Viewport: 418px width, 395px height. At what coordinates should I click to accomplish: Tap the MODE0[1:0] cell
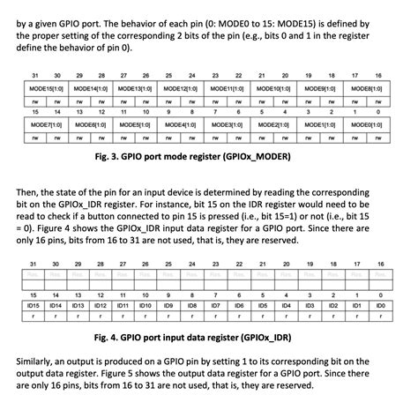point(365,127)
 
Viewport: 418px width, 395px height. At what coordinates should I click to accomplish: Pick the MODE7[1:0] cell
point(44,127)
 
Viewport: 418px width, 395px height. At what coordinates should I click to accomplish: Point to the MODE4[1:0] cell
point(182,127)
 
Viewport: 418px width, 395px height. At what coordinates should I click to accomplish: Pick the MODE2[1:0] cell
point(273,127)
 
